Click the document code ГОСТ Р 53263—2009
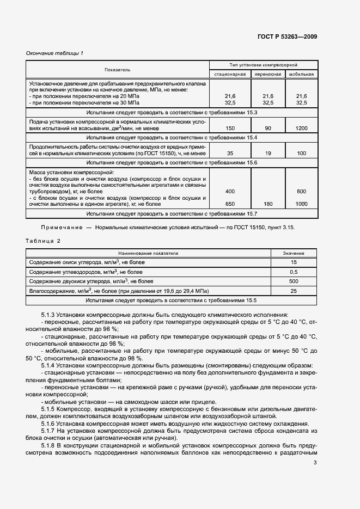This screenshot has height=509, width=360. click(x=286, y=36)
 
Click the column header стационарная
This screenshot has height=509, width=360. click(x=230, y=74)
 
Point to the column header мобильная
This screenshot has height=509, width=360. click(x=301, y=74)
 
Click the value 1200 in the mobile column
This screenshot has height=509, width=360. click(x=301, y=128)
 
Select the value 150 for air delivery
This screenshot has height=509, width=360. click(x=230, y=128)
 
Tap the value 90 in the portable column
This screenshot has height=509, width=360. click(x=267, y=128)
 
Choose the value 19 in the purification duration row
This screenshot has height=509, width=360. click(x=267, y=154)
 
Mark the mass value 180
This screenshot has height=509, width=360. click(x=267, y=204)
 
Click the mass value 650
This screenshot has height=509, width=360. click(x=230, y=204)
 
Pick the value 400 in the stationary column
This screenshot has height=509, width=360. click(x=230, y=192)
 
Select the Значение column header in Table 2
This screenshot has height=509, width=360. click(x=294, y=253)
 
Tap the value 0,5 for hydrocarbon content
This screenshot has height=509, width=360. click(x=294, y=272)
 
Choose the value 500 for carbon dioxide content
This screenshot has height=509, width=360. click(x=294, y=281)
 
